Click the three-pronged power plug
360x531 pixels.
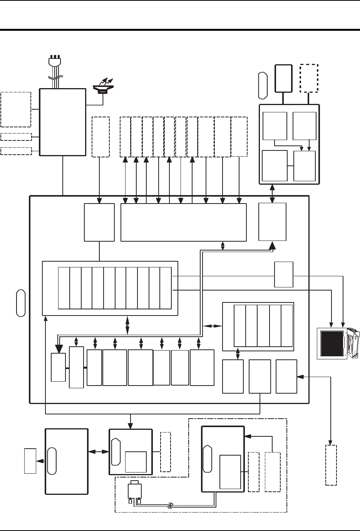click(55, 62)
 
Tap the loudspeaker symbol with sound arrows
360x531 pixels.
click(103, 87)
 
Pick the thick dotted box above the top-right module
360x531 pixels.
click(309, 78)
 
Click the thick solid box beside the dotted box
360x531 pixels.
click(283, 78)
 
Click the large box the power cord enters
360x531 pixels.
click(62, 122)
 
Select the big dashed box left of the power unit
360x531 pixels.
click(16, 109)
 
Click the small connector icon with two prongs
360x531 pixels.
click(134, 492)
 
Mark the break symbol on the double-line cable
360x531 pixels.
click(169, 507)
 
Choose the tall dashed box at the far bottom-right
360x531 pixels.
click(331, 465)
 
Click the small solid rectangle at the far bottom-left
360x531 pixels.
click(30, 461)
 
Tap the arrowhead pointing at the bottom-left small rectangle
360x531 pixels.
click(39, 461)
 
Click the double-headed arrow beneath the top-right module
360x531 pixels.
click(273, 194)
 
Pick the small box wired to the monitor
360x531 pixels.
click(284, 274)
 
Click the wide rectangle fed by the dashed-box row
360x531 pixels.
click(183, 222)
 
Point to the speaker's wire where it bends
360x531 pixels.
click(103, 105)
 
